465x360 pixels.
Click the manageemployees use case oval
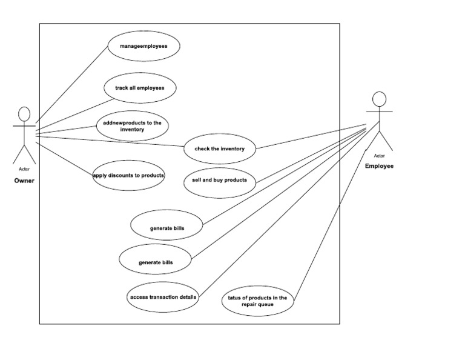pyautogui.click(x=143, y=46)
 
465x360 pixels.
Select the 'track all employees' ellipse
pyautogui.click(x=139, y=88)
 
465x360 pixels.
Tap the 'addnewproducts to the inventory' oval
pyautogui.click(x=132, y=126)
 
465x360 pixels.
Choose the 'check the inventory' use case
pyautogui.click(x=220, y=148)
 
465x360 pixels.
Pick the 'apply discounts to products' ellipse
pyautogui.click(x=129, y=175)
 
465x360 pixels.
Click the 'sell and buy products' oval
pyautogui.click(x=219, y=181)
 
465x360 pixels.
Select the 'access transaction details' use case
pyautogui.click(x=163, y=297)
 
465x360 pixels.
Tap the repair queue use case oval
pyautogui.click(x=257, y=301)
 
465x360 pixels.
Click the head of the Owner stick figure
pyautogui.click(x=24, y=114)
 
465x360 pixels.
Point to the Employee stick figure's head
pyautogui.click(x=379, y=99)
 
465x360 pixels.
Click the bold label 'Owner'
pyautogui.click(x=24, y=180)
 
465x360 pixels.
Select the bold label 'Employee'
pyautogui.click(x=379, y=165)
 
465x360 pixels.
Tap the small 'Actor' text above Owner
pyautogui.click(x=24, y=169)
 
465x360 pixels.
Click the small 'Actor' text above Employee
pyautogui.click(x=379, y=156)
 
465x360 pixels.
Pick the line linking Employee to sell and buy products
pyautogui.click(x=309, y=153)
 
